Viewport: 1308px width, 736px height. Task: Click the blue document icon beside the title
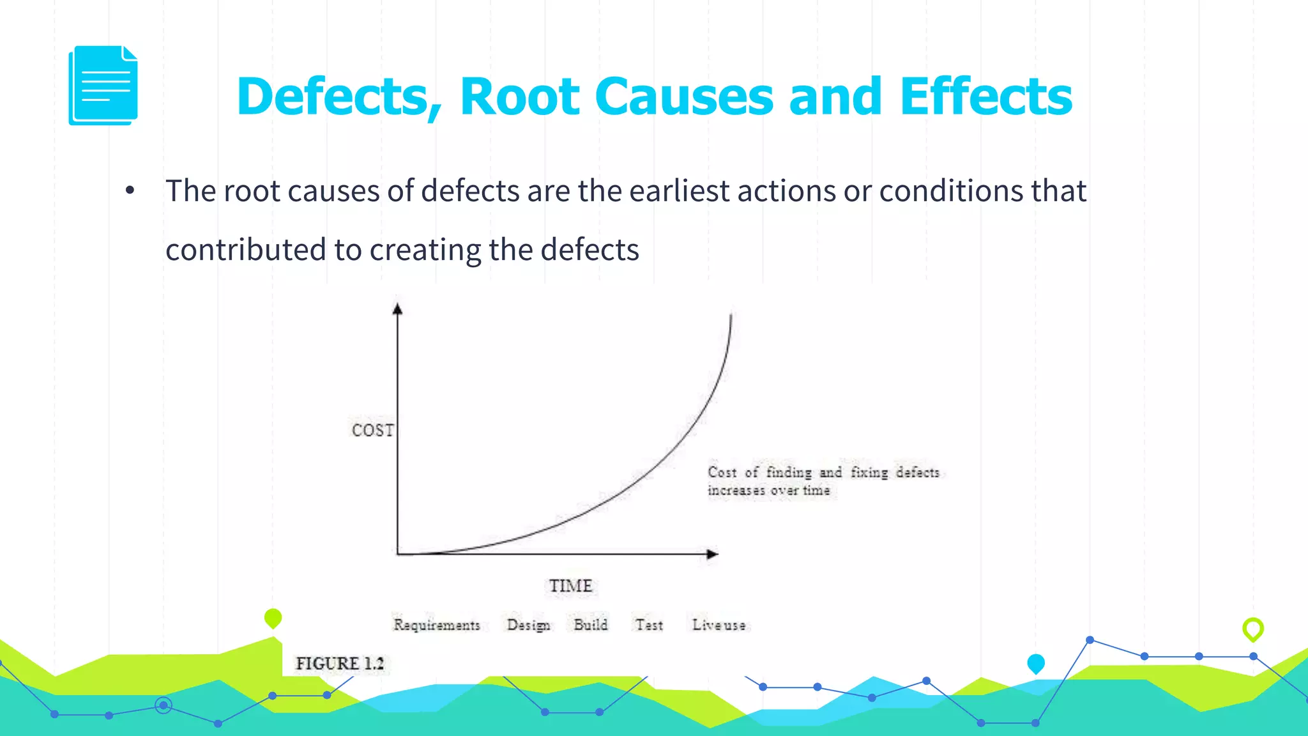click(103, 86)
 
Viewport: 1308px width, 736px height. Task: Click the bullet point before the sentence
click(130, 190)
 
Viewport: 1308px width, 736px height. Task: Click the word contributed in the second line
click(245, 249)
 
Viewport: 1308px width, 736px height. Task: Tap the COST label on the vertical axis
click(372, 430)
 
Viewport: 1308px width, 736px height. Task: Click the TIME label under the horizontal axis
click(570, 586)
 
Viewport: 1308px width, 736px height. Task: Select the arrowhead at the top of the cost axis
click(397, 309)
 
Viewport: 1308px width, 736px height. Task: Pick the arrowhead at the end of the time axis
click(712, 554)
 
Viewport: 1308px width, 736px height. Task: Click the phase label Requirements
click(437, 625)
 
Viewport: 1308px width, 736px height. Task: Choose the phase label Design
click(528, 625)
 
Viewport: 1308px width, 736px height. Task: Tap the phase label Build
click(591, 624)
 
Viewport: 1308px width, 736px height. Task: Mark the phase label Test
click(649, 625)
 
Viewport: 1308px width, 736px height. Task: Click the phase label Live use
click(719, 625)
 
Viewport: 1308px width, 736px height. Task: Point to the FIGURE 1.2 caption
click(340, 663)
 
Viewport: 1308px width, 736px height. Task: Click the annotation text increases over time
click(768, 491)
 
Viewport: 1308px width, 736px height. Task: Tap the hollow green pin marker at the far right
click(1253, 629)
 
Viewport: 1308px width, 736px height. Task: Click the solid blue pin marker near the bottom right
click(1036, 663)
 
